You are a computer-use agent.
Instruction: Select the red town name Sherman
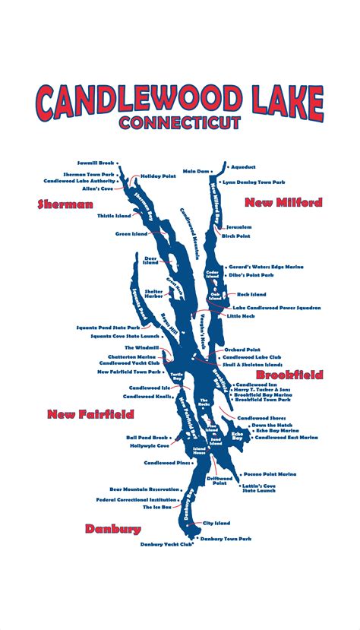(65, 204)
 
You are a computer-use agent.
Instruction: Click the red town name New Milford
(283, 202)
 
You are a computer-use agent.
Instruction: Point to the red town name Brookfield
(289, 375)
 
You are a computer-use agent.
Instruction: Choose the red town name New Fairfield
(90, 414)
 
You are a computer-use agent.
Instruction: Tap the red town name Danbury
(113, 529)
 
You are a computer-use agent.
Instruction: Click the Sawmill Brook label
(95, 163)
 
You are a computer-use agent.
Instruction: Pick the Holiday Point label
(158, 176)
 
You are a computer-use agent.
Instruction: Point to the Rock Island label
(251, 294)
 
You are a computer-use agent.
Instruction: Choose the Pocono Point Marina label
(270, 474)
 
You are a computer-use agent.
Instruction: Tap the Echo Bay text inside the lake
(237, 437)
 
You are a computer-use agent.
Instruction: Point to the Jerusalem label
(238, 227)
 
